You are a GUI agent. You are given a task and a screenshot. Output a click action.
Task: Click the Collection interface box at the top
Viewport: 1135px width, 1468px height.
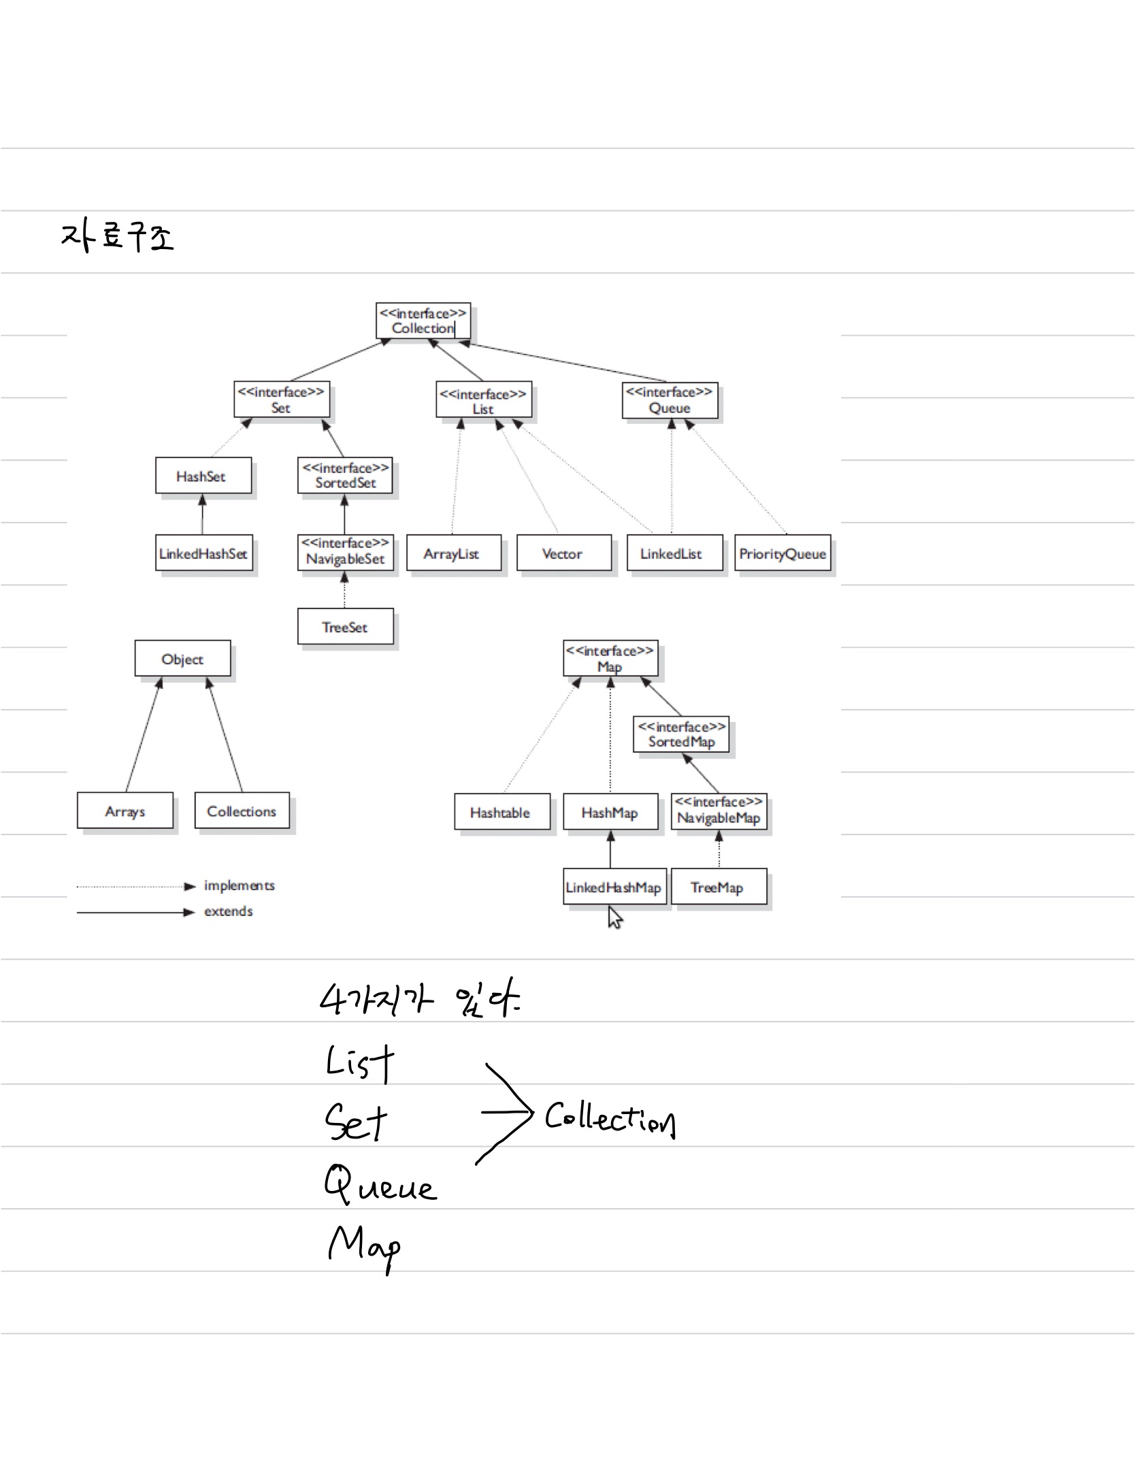point(423,321)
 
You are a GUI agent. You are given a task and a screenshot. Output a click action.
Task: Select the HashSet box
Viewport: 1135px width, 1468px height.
point(203,476)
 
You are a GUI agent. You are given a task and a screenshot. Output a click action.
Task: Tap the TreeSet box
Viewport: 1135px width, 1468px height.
point(345,627)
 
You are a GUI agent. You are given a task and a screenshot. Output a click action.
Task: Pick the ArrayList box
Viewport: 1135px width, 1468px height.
point(453,553)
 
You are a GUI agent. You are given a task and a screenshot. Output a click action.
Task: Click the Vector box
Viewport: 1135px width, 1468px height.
point(563,553)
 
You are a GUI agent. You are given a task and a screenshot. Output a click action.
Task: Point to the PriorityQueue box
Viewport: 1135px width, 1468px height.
point(783,553)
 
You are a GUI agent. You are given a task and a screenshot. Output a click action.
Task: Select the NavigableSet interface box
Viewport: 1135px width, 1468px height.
point(345,552)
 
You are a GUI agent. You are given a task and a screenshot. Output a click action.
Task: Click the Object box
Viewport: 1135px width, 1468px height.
point(182,659)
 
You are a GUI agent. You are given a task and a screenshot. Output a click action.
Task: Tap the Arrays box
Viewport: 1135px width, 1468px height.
point(125,811)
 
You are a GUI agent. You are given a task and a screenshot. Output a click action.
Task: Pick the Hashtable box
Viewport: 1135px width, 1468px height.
point(501,812)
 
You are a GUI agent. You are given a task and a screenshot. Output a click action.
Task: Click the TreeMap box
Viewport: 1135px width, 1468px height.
point(719,887)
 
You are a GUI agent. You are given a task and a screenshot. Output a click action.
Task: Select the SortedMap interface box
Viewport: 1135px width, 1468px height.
point(680,734)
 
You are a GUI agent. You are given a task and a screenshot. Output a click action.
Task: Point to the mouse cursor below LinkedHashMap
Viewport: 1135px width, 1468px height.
point(614,918)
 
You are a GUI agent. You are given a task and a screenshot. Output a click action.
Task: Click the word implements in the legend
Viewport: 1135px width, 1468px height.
point(239,885)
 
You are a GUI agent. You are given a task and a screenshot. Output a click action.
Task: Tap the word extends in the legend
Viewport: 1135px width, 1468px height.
point(229,911)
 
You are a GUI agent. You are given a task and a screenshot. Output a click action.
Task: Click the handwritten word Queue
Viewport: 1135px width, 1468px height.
point(380,1185)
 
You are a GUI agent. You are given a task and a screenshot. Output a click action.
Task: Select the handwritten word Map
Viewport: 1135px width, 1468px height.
point(364,1247)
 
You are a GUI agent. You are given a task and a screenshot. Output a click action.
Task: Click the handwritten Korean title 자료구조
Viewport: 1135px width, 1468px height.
point(117,236)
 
